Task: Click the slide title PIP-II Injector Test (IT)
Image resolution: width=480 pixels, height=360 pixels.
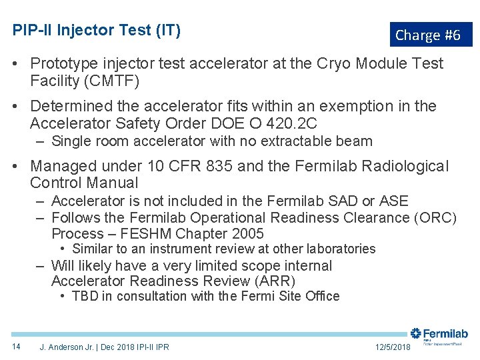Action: pyautogui.click(x=97, y=31)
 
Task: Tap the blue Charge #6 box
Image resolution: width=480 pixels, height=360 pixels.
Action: pyautogui.click(x=430, y=35)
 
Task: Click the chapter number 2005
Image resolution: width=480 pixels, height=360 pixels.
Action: pyautogui.click(x=247, y=234)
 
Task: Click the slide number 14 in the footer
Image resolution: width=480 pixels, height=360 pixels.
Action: pyautogui.click(x=16, y=347)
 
